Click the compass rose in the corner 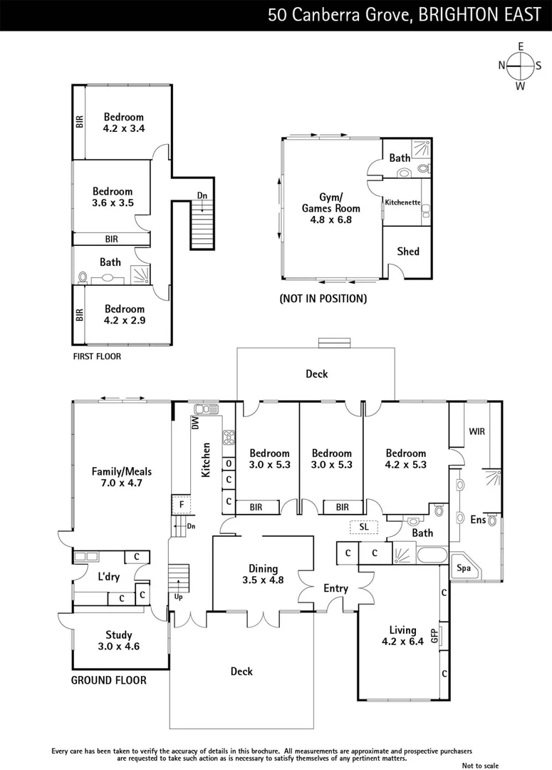(x=521, y=66)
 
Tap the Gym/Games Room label (x=331, y=208)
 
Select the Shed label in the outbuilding (x=407, y=251)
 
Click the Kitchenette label (x=402, y=202)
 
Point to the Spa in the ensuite (x=464, y=569)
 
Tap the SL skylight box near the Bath (x=364, y=526)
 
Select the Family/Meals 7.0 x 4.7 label (x=121, y=477)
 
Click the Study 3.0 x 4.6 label (x=119, y=641)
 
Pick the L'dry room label (x=108, y=577)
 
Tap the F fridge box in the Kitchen (x=182, y=504)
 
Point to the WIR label (x=477, y=431)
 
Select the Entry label (x=335, y=588)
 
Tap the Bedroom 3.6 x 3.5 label (x=113, y=197)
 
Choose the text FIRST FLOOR (x=97, y=356)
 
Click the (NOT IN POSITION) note (x=323, y=299)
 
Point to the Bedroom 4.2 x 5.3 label (x=405, y=458)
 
